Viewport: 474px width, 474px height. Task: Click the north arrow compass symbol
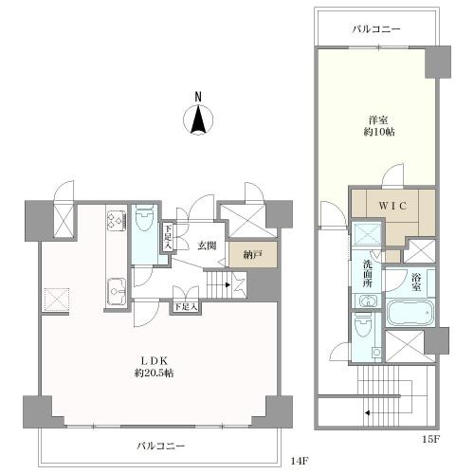pos(198,119)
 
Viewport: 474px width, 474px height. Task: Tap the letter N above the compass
pos(198,97)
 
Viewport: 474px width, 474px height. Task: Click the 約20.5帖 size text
pos(154,374)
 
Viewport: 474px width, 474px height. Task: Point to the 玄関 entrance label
pos(208,246)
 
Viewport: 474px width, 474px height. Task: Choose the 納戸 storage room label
pos(253,255)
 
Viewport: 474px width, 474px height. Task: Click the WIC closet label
pos(392,206)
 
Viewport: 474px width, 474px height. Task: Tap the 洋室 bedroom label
pos(378,120)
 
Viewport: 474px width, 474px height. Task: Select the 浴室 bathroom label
pos(416,283)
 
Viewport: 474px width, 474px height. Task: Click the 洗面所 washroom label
pos(367,273)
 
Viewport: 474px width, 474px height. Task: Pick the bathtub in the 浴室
pos(410,312)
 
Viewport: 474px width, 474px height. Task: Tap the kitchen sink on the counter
pos(117,291)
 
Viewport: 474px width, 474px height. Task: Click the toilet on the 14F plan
pos(144,218)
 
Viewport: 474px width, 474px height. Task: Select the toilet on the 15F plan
pos(362,325)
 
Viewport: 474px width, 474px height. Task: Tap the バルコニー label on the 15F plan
pos(376,29)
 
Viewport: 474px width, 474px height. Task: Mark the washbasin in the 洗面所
pos(367,301)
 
